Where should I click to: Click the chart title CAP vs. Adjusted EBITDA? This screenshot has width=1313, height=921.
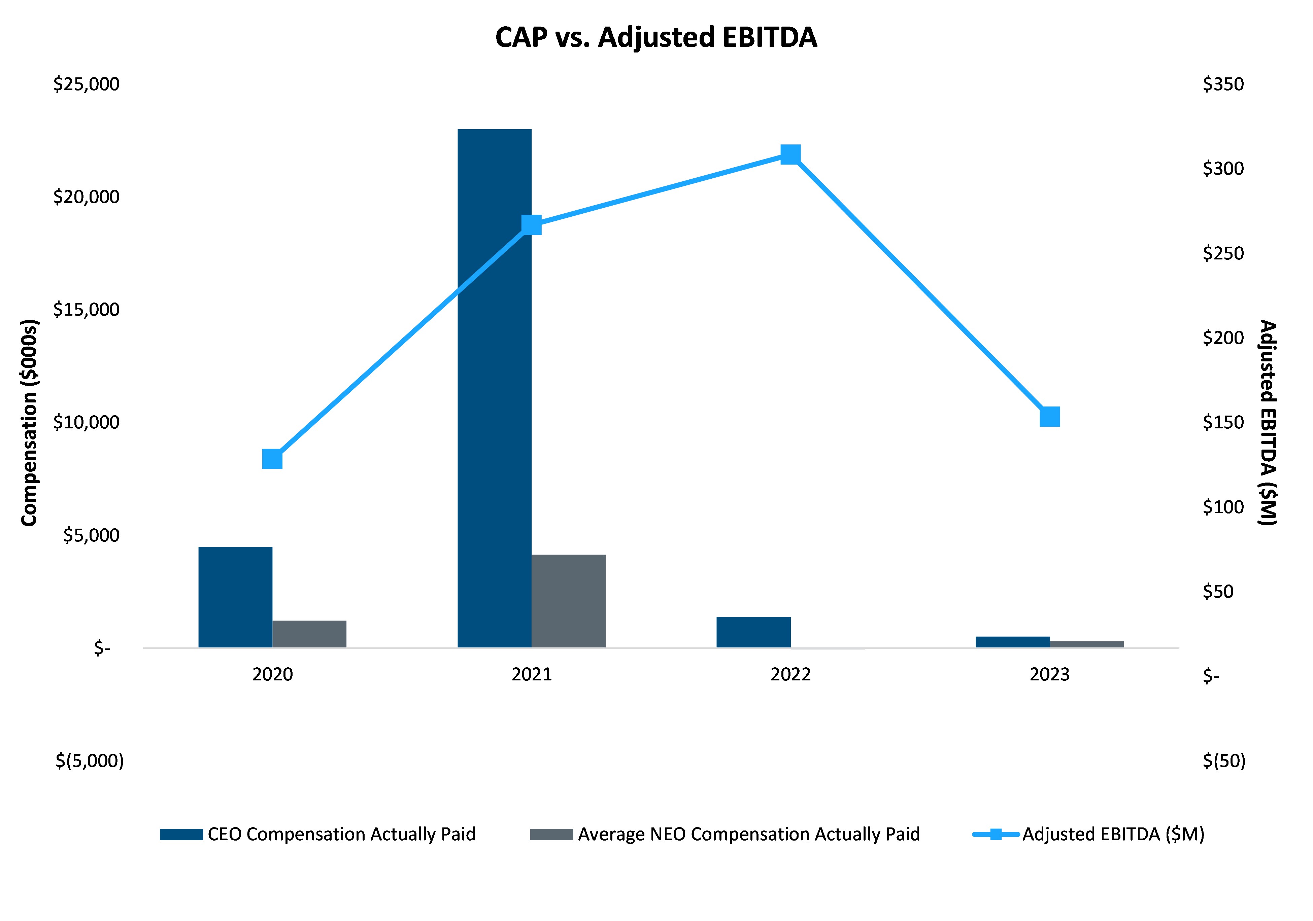point(656,38)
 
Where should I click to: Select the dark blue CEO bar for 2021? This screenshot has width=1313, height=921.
point(494,389)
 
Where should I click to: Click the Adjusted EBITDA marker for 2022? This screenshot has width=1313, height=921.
point(790,154)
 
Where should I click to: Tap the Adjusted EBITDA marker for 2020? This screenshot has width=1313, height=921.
point(272,459)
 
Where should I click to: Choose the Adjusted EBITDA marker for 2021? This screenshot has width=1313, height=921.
point(531,225)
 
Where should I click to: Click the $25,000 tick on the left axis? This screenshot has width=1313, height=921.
point(86,84)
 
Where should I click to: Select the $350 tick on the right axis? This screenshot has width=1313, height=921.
point(1223,84)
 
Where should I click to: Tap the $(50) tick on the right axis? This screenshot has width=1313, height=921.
point(1224,761)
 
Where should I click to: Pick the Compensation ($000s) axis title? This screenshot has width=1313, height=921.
point(29,423)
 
